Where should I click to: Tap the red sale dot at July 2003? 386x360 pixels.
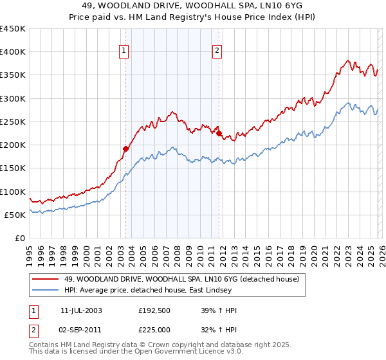click(126, 148)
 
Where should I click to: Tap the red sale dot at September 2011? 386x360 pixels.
click(219, 134)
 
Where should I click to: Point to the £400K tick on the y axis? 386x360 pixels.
click(13, 52)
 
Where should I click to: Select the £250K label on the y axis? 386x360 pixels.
click(13, 122)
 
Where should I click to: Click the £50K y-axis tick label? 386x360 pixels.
click(15, 215)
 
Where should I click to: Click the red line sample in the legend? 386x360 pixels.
click(46, 280)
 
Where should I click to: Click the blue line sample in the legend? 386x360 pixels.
click(46, 291)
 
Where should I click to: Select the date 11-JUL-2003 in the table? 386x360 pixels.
click(81, 310)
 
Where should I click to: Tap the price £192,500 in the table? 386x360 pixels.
click(158, 310)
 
